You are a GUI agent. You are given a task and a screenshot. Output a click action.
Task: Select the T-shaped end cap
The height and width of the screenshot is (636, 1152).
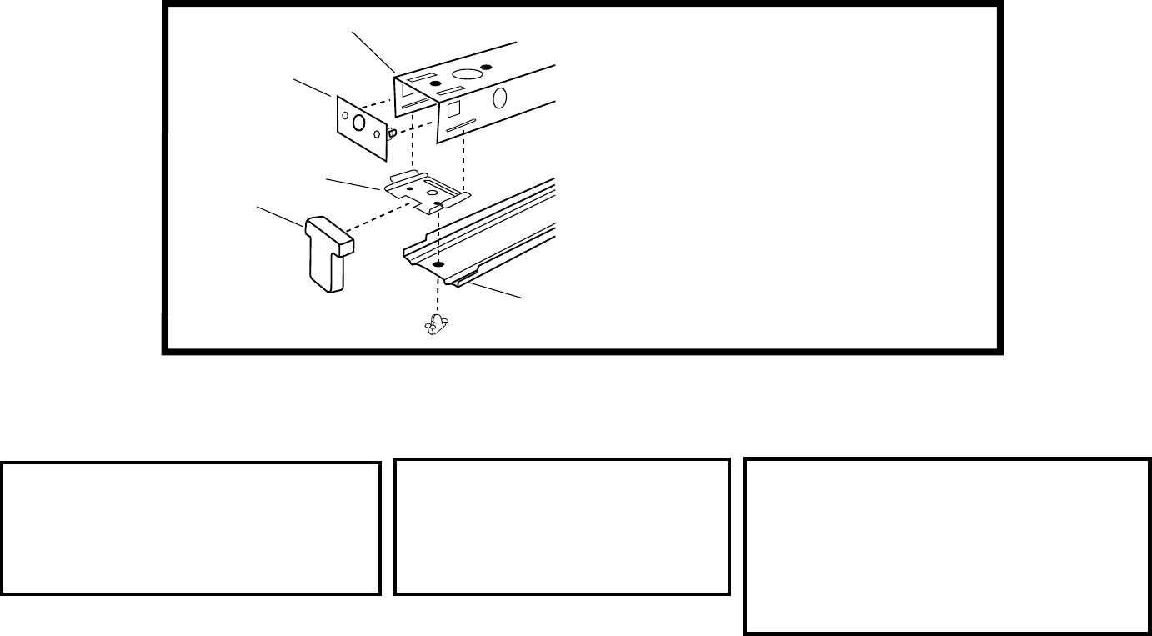click(x=327, y=253)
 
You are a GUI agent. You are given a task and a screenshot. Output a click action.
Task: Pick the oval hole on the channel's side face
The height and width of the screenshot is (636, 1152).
click(x=500, y=98)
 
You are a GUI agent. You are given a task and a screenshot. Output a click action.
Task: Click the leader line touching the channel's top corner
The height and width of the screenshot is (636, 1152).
click(x=373, y=51)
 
